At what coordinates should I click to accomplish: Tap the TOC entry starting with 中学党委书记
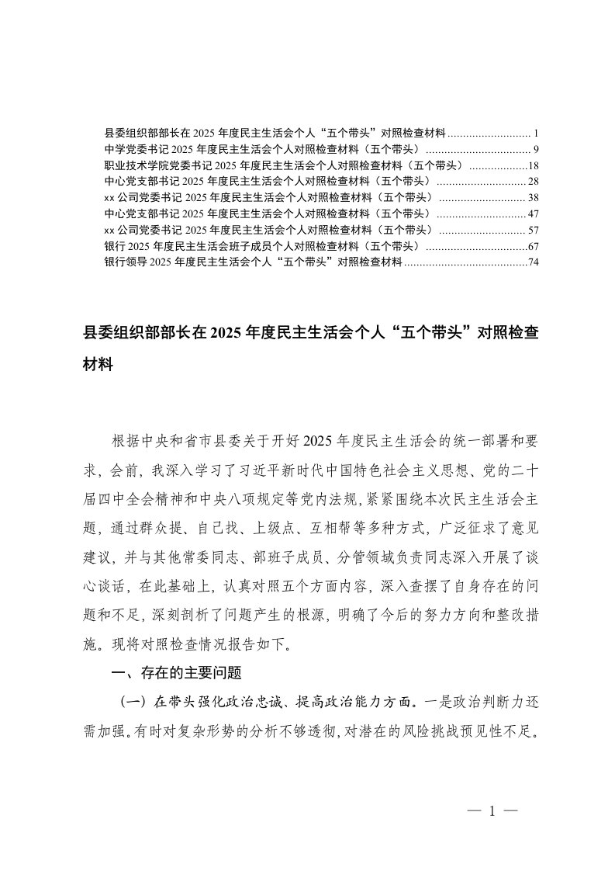[x=264, y=149]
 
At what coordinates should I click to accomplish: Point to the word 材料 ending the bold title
[x=98, y=363]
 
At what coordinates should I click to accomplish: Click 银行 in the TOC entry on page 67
[x=114, y=246]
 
